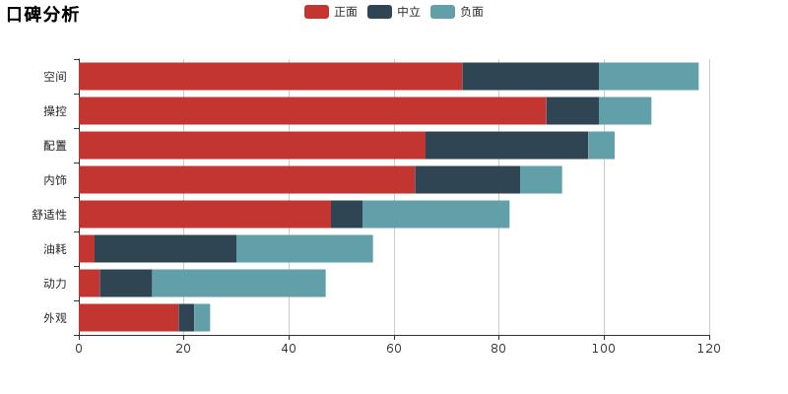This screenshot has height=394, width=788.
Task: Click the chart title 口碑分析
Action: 42,14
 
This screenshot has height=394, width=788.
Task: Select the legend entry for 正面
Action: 332,12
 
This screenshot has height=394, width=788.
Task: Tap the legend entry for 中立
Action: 395,12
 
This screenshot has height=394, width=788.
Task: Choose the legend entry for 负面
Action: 458,12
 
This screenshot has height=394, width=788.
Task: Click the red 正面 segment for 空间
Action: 270,77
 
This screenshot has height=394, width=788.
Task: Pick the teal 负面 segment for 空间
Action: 648,77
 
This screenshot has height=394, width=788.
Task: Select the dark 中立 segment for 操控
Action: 572,111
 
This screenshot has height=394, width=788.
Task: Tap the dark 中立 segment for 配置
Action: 506,146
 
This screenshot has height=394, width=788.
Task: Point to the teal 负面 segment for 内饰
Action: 541,180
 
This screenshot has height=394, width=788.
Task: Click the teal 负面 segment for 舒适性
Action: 435,215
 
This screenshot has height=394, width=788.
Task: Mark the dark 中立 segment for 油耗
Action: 165,249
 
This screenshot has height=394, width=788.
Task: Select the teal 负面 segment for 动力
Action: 238,284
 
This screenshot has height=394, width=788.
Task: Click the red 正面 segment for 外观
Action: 128,318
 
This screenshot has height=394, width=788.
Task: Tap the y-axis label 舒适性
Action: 49,215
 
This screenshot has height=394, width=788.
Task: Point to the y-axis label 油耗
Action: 55,249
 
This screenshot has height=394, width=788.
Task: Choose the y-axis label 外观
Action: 55,318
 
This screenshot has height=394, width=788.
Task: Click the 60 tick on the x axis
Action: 394,349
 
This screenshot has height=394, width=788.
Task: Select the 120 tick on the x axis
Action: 708,349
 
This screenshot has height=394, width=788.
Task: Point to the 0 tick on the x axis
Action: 79,349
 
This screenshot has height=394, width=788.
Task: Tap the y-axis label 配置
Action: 55,146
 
